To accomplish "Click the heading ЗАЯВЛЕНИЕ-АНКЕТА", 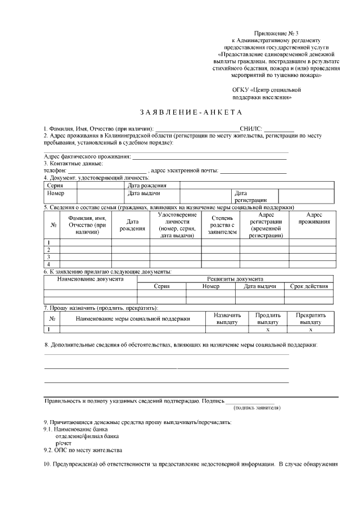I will tap(180, 112).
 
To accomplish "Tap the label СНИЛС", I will tap(251, 129).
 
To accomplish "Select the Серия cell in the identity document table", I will tap(55, 185).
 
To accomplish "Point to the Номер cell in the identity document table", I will tap(56, 193).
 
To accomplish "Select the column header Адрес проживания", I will tap(314, 218).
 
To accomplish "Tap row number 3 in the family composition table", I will tap(49, 256).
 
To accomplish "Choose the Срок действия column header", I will tap(309, 286).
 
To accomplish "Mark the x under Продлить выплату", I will tap(268, 330).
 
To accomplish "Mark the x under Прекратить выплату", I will tap(310, 330).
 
